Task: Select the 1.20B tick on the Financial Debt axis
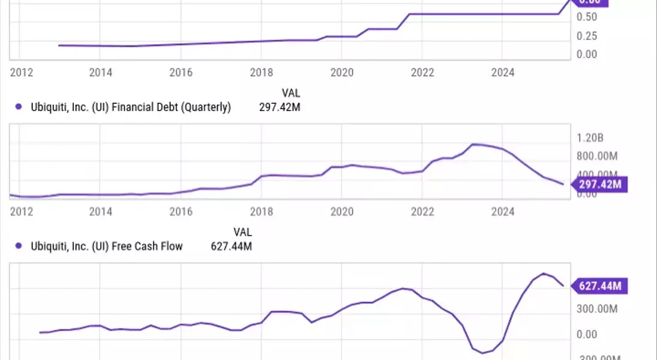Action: tap(590, 138)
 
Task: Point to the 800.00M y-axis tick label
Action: tap(597, 156)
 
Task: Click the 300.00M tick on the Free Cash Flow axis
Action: tap(597, 309)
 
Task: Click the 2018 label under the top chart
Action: tap(261, 73)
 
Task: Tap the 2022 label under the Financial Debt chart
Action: tap(422, 211)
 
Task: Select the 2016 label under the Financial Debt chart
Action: tap(181, 211)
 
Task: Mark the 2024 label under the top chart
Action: tap(503, 73)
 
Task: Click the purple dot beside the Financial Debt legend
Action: tap(18, 108)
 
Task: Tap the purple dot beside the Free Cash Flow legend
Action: tap(18, 246)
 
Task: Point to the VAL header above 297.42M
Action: tap(291, 94)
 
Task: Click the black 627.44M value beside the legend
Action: tap(232, 246)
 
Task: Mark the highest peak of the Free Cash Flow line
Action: tap(544, 274)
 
